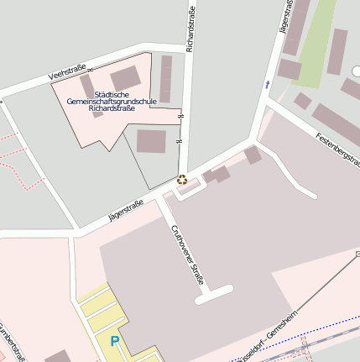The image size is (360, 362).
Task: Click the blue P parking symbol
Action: pyautogui.click(x=115, y=341)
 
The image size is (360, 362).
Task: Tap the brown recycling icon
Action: pyautogui.click(x=182, y=178)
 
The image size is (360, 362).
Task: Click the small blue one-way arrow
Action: pyautogui.click(x=268, y=84)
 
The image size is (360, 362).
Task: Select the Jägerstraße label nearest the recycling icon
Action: pyautogui.click(x=126, y=210)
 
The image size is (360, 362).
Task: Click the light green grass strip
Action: pyautogui.click(x=311, y=42)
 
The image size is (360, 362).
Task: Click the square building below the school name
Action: pyautogui.click(x=151, y=141)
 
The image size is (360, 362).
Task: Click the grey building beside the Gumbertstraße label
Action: pyautogui.click(x=56, y=357)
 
